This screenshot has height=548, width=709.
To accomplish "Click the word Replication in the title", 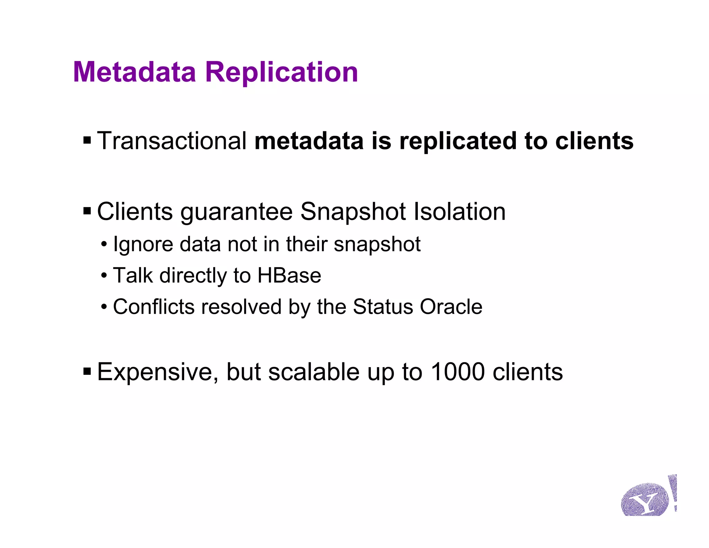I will [x=281, y=72].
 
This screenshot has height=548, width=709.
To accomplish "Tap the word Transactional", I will [x=172, y=141].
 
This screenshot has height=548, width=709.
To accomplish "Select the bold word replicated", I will [x=458, y=141].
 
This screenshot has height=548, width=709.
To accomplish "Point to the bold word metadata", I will [x=309, y=141].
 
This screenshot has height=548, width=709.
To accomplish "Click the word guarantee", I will [x=236, y=212].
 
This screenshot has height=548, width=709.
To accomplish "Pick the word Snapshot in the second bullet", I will [x=353, y=212].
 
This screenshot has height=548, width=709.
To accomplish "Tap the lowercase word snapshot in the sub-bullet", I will [x=377, y=245].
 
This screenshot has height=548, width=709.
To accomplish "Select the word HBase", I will [x=289, y=276].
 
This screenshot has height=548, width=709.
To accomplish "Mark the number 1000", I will [x=458, y=372].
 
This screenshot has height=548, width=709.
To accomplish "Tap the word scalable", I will [x=314, y=372].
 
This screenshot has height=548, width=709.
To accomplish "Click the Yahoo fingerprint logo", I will [x=647, y=497].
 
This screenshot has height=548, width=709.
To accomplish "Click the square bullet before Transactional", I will [x=87, y=141].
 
